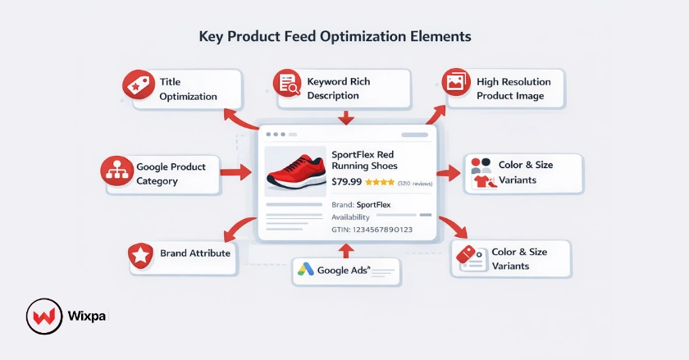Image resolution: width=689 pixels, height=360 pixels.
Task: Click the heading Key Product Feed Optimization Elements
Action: (x=335, y=37)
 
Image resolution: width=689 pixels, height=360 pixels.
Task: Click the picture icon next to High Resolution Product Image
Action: (x=455, y=83)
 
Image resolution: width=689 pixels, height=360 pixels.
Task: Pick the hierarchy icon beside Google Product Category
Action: (x=116, y=172)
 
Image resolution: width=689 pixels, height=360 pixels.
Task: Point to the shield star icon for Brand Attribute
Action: (x=141, y=256)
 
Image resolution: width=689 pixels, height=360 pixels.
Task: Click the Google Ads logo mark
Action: (x=306, y=269)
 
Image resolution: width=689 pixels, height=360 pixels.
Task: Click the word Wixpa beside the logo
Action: (x=85, y=316)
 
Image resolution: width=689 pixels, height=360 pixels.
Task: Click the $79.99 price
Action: (x=347, y=183)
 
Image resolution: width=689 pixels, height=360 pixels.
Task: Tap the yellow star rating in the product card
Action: (x=380, y=183)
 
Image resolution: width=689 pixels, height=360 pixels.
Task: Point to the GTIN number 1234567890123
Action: (x=377, y=230)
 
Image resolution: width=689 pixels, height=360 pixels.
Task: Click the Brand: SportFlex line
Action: (x=361, y=204)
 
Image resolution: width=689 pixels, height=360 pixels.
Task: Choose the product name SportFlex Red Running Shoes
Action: (x=363, y=160)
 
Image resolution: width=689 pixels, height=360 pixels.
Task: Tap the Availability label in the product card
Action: (x=351, y=217)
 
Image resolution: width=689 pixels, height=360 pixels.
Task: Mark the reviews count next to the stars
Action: (x=416, y=184)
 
